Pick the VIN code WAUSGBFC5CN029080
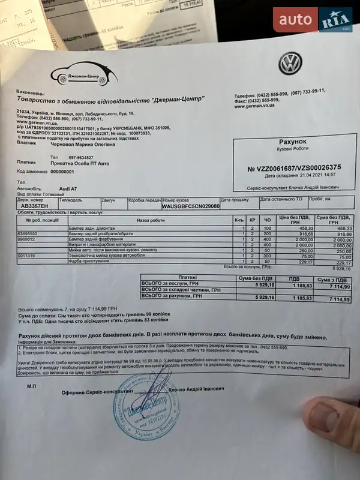[190, 205]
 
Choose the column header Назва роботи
[150, 220]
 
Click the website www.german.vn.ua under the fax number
[254, 106]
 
